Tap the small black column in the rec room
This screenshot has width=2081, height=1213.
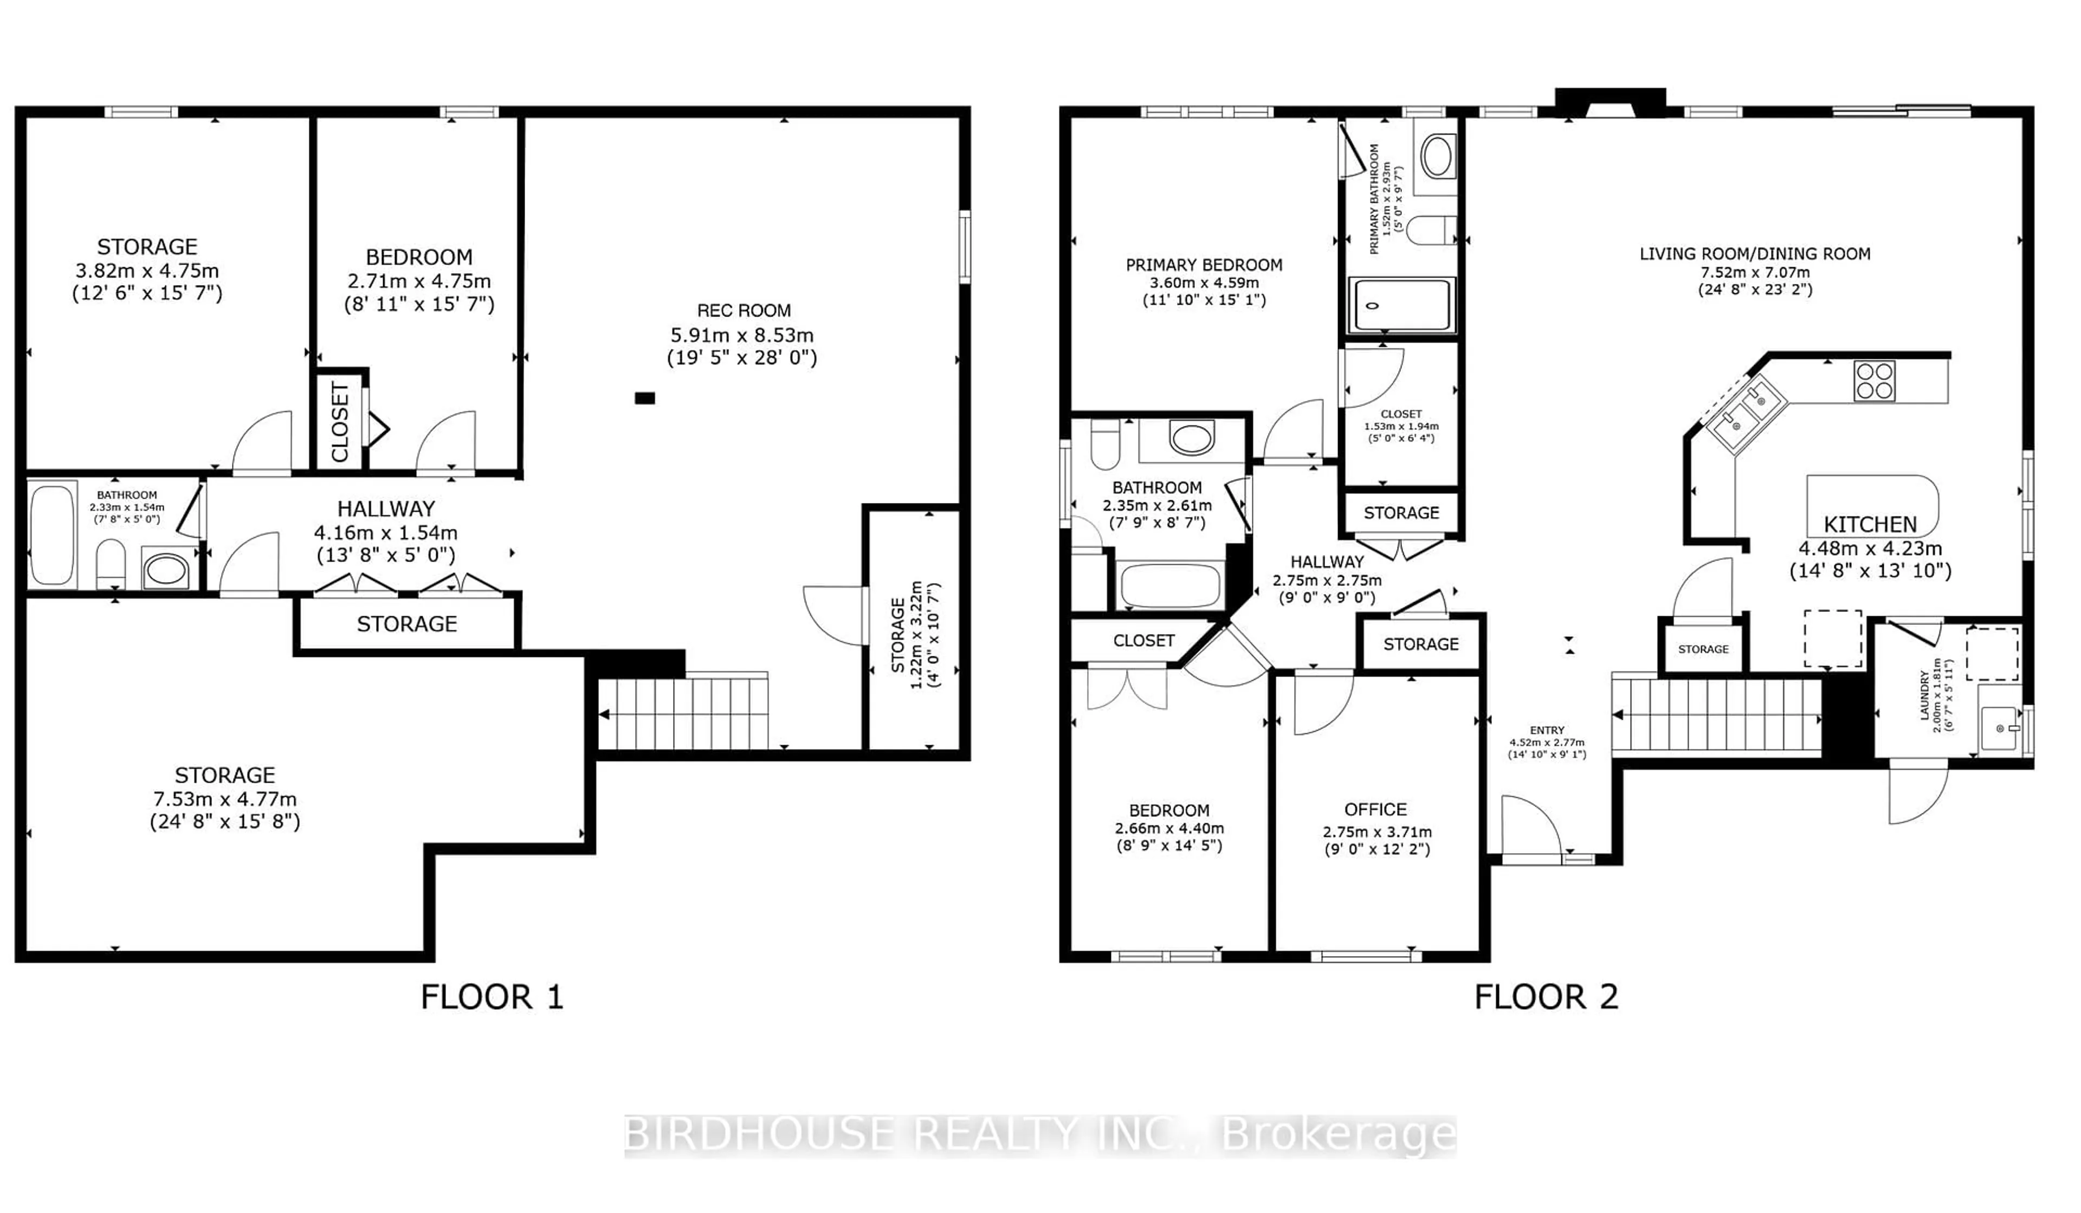pos(644,398)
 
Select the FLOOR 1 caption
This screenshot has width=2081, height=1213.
pos(492,997)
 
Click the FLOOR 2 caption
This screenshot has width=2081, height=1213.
pos(1546,997)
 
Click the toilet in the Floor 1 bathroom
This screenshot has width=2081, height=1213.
pos(111,565)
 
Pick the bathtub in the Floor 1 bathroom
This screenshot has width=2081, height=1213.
pos(52,535)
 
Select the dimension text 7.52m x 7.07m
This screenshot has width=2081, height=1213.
pos(1754,272)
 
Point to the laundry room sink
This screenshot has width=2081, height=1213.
pos(1999,728)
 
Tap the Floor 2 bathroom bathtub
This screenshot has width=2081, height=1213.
pos(1168,586)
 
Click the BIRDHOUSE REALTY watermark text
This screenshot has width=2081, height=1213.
pos(1040,1134)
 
